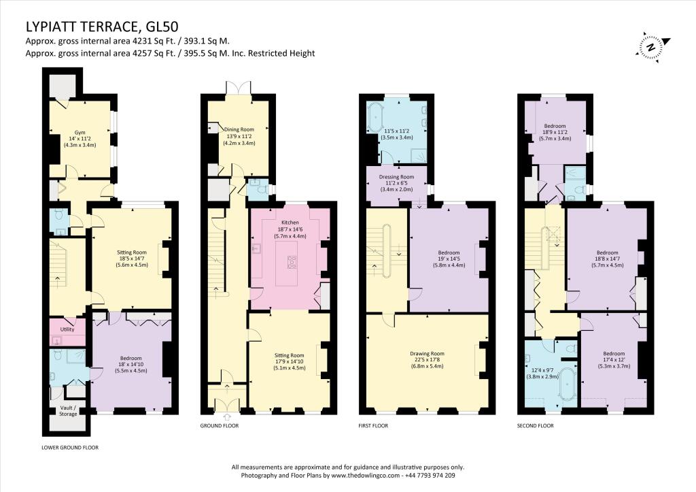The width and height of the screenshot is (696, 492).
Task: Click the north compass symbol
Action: [x=652, y=46]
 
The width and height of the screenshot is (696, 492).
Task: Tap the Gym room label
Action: [x=80, y=133]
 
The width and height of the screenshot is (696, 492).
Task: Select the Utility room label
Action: [x=67, y=329]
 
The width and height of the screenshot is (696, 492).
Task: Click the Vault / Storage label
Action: [x=69, y=410]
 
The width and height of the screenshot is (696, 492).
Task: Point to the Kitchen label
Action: [x=290, y=223]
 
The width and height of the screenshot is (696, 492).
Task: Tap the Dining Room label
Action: [x=239, y=129]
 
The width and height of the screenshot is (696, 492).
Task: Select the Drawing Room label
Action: [x=427, y=354]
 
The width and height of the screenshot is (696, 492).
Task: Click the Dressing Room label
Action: [x=396, y=177]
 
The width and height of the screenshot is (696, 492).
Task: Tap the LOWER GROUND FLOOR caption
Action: [x=70, y=448]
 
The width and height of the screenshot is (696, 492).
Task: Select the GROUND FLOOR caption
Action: [x=220, y=426]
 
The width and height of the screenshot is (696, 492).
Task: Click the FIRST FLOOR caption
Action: [x=373, y=426]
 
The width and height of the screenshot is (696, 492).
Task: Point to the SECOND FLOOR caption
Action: [x=536, y=426]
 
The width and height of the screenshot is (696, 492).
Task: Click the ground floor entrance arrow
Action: [x=228, y=417]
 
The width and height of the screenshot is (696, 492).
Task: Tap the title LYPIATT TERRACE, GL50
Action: [x=102, y=27]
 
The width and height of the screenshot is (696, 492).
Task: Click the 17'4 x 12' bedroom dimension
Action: [x=614, y=360]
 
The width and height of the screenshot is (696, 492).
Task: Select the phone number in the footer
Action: [x=430, y=475]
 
